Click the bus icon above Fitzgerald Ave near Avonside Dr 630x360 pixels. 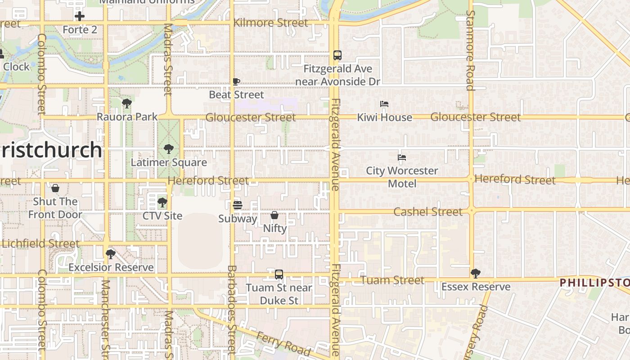(x=337, y=55)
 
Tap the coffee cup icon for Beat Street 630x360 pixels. (x=236, y=81)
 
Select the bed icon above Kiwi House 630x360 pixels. (x=384, y=104)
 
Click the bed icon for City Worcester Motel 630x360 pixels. (x=402, y=157)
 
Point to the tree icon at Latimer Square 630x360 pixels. (x=169, y=148)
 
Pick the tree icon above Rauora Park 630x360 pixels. (x=127, y=103)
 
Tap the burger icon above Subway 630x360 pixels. (x=238, y=205)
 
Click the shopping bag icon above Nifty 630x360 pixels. (x=274, y=215)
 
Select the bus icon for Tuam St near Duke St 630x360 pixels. (x=279, y=274)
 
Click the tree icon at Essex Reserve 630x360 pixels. (x=475, y=273)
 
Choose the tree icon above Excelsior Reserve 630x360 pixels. (x=111, y=254)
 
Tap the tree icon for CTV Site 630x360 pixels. (x=162, y=202)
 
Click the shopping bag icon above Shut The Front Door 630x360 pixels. (x=55, y=188)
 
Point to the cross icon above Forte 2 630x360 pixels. (x=80, y=17)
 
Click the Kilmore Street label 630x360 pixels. (x=271, y=22)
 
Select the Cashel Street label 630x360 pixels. (x=428, y=211)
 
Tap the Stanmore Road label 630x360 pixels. (x=470, y=50)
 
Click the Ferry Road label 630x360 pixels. (x=283, y=343)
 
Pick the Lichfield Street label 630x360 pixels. (x=40, y=243)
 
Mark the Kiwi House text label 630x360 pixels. (x=384, y=117)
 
